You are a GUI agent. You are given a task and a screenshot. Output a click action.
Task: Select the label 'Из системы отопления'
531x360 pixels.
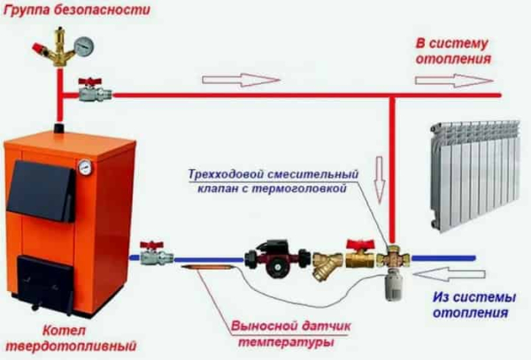point(474,304)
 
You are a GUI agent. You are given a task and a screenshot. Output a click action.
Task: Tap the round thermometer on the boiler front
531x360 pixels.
point(84,165)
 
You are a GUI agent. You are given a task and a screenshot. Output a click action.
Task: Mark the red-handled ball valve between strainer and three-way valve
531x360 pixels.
point(359,255)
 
